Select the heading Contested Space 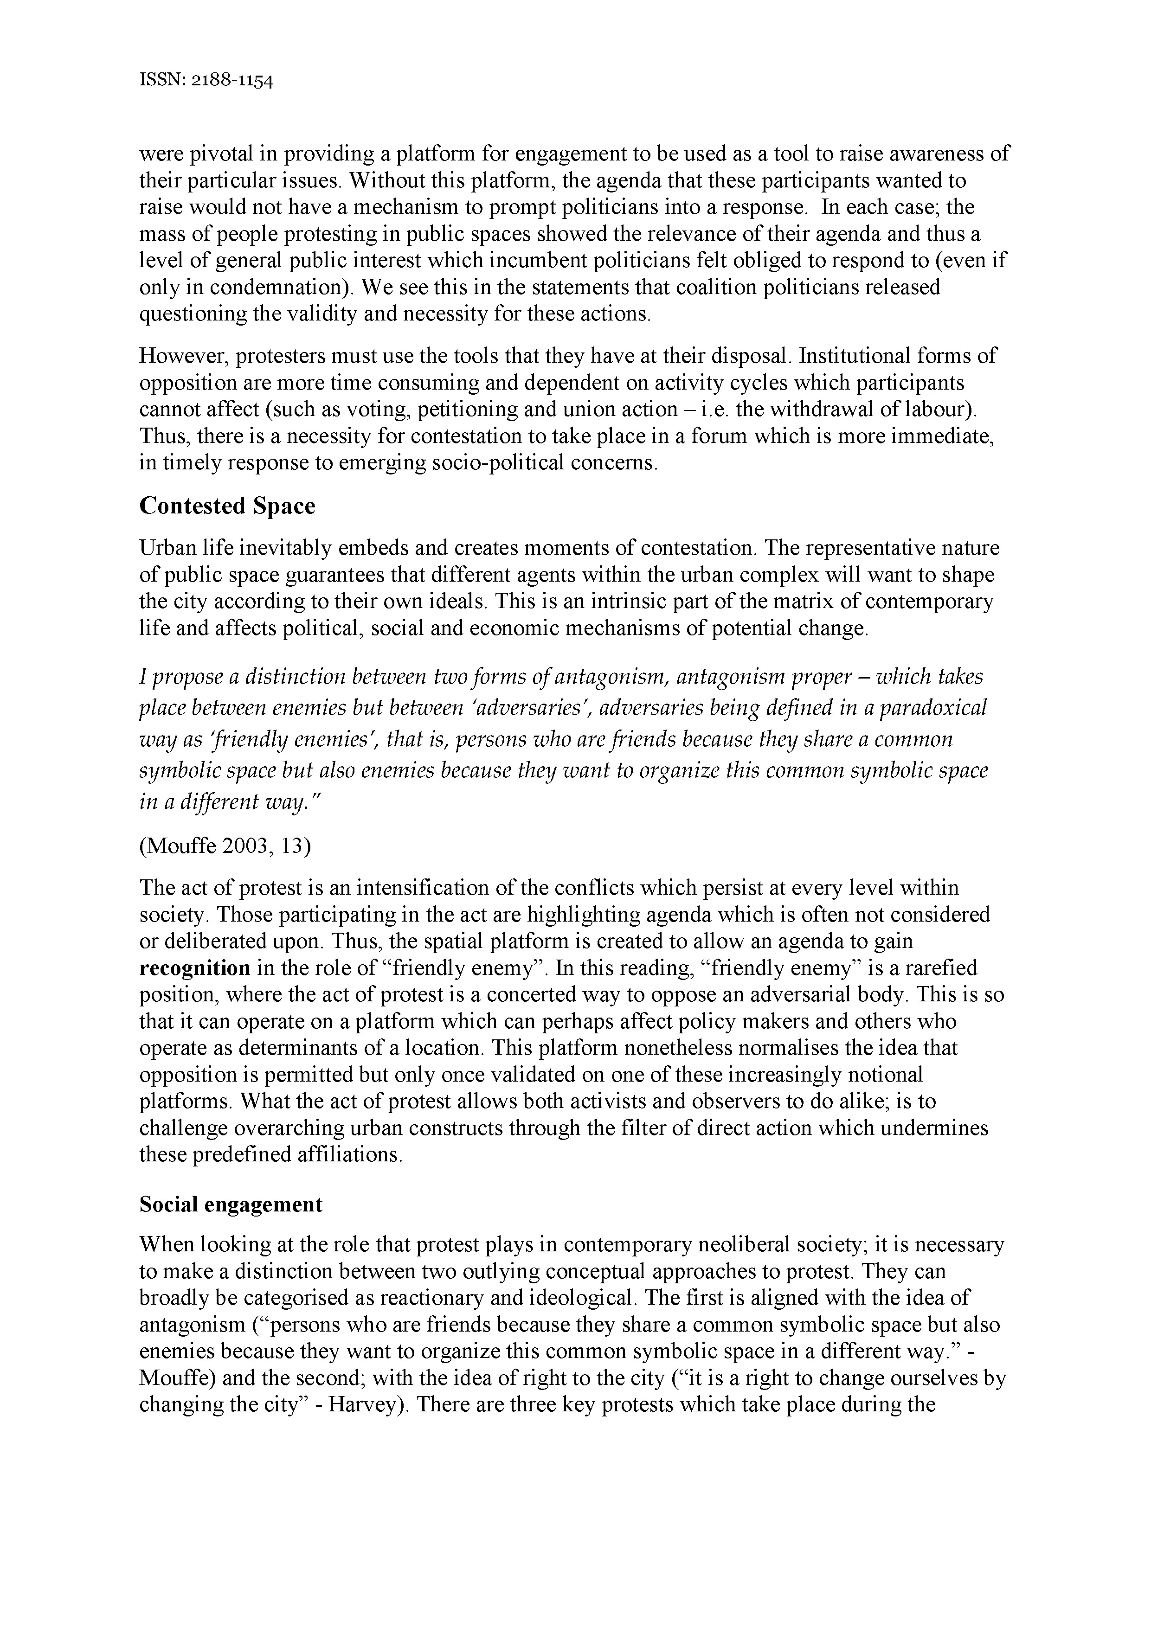pos(227,506)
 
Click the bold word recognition pos(195,968)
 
